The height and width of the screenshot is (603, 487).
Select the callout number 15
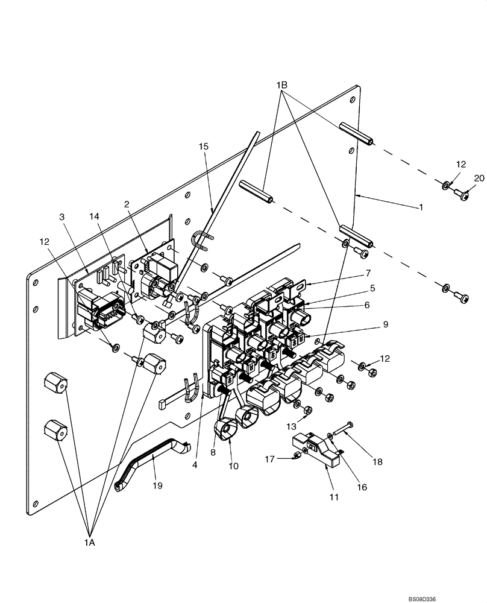click(x=203, y=147)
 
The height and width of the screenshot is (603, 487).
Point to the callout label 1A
click(x=90, y=543)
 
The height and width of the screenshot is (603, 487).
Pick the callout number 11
click(x=334, y=497)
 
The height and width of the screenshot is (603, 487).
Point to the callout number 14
click(x=93, y=215)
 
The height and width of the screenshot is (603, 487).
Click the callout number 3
click(x=62, y=215)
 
